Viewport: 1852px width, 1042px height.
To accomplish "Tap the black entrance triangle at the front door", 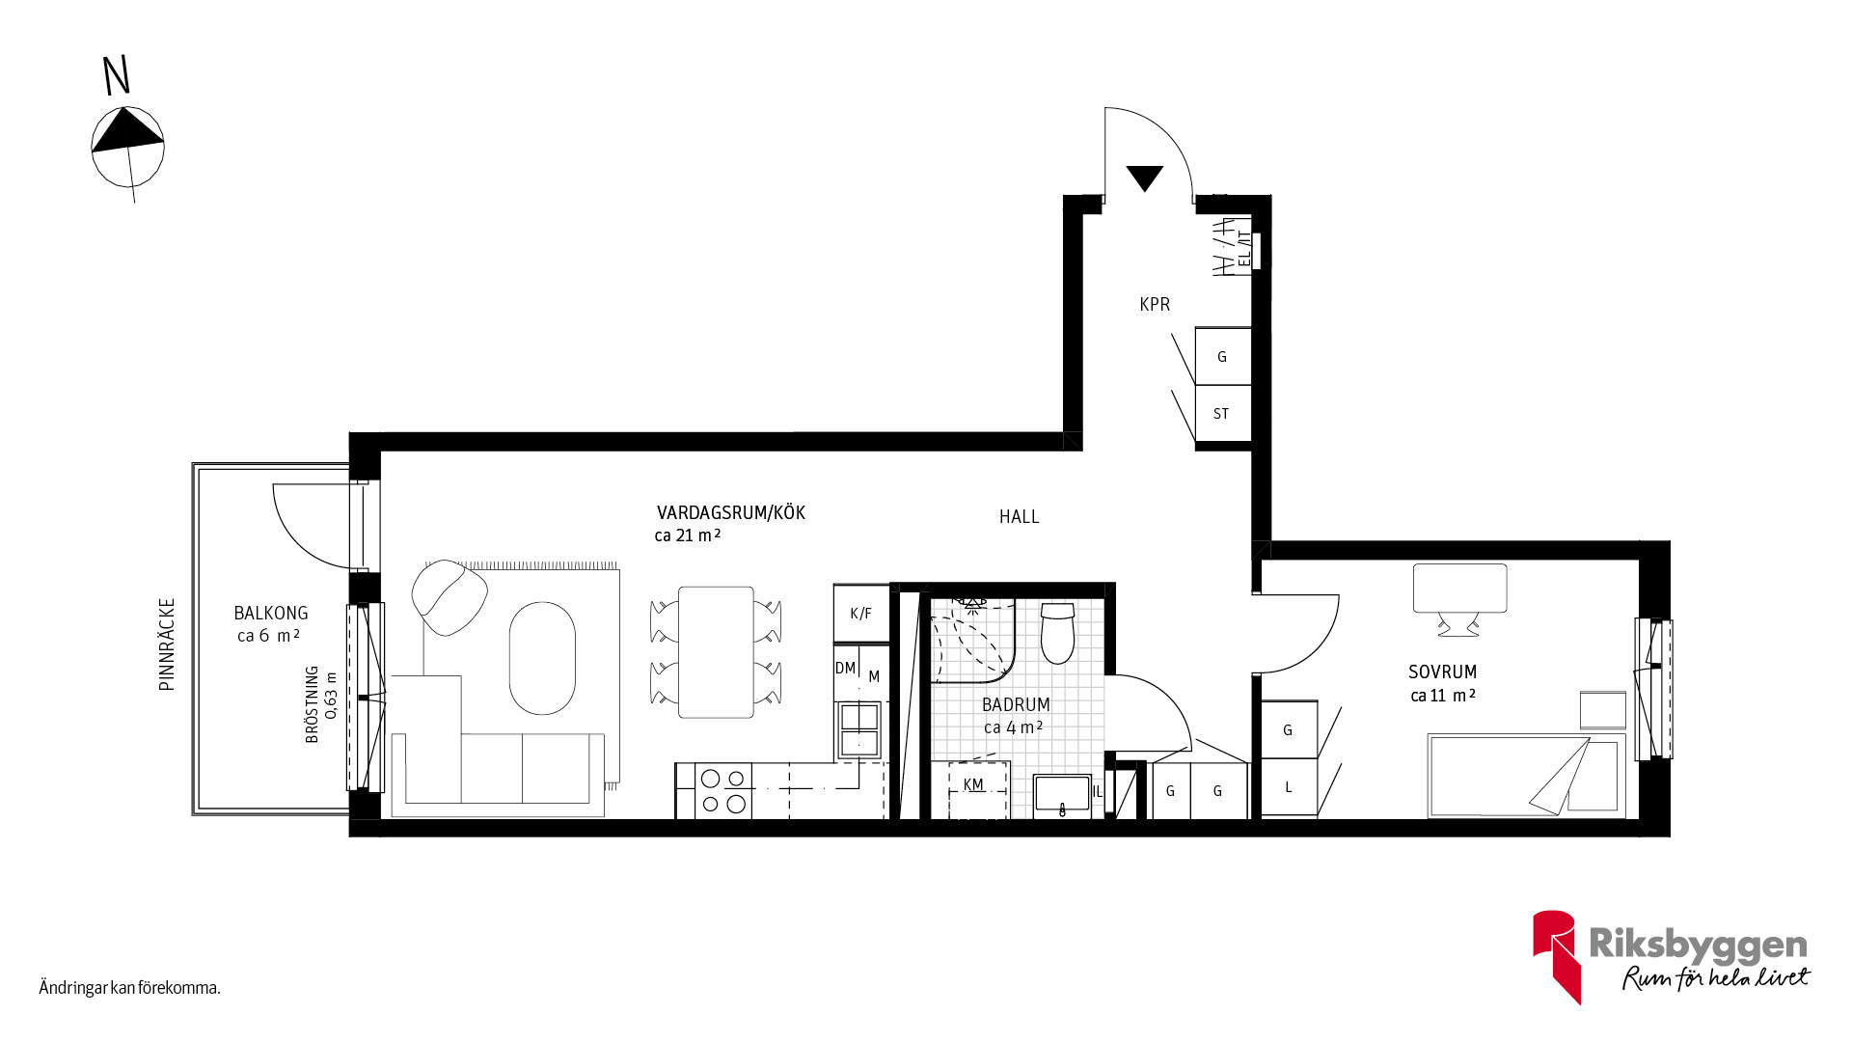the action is [x=1145, y=178].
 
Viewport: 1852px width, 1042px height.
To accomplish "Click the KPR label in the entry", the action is [x=1155, y=305].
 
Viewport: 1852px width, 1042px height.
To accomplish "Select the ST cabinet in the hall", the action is [x=1223, y=414].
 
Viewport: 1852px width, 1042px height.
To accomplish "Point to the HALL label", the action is [x=1019, y=517].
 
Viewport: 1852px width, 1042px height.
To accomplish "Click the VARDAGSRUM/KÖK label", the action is [x=731, y=513].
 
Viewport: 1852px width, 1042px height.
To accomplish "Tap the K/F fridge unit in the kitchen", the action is [x=861, y=613].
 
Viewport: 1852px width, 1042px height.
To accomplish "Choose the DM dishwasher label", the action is [x=845, y=668].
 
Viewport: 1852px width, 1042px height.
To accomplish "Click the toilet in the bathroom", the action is [x=1058, y=633].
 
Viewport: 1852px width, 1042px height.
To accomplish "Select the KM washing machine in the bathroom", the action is [x=979, y=790].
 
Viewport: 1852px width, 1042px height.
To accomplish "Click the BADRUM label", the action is [x=1016, y=705].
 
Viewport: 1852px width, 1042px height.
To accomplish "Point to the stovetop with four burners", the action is [x=723, y=791].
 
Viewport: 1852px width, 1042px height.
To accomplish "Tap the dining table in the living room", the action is [x=716, y=652].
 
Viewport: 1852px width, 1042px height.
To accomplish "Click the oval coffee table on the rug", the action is [x=542, y=658].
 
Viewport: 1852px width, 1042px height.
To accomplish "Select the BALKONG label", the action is [x=271, y=614].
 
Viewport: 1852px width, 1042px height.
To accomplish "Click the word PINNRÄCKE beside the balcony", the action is [x=168, y=644].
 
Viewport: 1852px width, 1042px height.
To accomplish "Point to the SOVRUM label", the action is [x=1442, y=672].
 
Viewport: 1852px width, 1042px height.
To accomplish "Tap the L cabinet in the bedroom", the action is [x=1289, y=787].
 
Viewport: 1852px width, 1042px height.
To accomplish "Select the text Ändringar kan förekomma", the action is [x=130, y=988].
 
